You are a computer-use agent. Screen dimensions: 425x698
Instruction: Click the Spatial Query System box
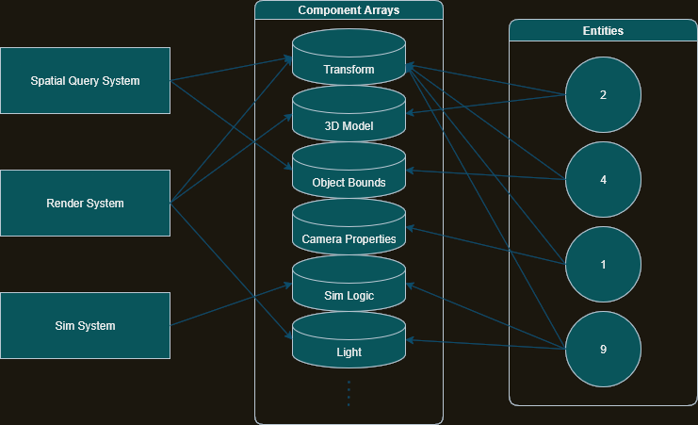(85, 81)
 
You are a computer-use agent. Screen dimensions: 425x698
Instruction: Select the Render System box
(85, 204)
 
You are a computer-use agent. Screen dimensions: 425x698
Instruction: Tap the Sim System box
(85, 326)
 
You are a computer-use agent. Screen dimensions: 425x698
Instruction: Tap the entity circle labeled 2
(603, 95)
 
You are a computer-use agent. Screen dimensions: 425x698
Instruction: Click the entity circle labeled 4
(603, 179)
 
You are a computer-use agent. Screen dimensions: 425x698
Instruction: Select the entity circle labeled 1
(603, 264)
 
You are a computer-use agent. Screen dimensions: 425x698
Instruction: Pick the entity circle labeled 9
(603, 349)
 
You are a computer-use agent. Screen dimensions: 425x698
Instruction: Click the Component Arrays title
(349, 10)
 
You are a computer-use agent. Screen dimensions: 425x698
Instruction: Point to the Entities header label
(603, 31)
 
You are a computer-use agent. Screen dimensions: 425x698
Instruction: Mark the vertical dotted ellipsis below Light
(349, 393)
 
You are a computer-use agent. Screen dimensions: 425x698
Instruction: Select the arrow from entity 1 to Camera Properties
(485, 246)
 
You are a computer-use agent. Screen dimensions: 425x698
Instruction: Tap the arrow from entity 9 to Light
(485, 344)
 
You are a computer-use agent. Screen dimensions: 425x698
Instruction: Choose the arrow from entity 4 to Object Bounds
(485, 174)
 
